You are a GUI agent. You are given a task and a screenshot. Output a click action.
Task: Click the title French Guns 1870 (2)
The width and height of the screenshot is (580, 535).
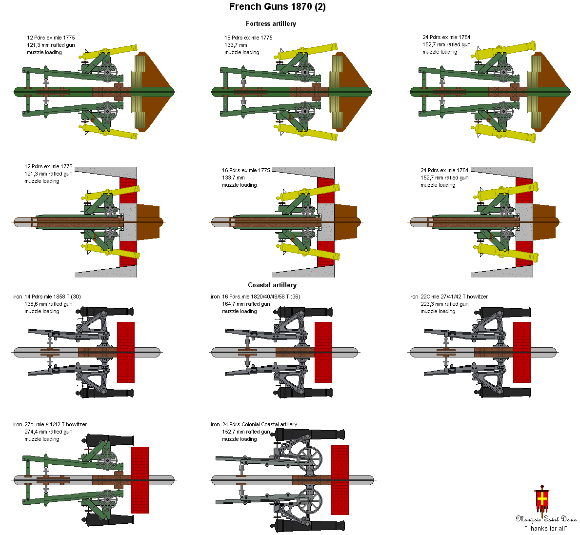[277, 7]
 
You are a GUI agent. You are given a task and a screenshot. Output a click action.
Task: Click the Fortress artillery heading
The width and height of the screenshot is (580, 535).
[271, 23]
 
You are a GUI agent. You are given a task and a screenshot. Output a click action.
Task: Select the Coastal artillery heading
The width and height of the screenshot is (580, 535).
[272, 285]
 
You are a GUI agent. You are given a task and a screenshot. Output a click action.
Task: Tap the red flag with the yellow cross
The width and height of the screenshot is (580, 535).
[541, 498]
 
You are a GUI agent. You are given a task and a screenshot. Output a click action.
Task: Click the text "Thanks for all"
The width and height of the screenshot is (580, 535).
[546, 528]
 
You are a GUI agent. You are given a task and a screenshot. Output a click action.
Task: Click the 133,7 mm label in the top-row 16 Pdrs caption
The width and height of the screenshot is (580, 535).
[236, 45]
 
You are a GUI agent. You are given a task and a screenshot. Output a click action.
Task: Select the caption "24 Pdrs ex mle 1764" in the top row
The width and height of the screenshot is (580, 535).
[446, 37]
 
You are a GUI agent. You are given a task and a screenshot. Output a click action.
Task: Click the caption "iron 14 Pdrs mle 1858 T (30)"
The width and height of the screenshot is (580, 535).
[47, 297]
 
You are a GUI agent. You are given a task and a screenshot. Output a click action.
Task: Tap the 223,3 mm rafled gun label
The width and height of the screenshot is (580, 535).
[444, 304]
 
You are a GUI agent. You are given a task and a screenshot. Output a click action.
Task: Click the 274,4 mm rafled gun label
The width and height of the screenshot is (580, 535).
[48, 432]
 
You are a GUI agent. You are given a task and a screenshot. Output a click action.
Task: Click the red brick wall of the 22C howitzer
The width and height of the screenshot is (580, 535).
[521, 352]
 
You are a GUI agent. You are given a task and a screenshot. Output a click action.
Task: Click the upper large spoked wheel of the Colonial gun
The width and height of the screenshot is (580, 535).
[309, 459]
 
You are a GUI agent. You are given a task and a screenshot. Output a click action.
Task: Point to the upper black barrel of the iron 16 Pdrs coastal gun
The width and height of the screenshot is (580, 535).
[307, 312]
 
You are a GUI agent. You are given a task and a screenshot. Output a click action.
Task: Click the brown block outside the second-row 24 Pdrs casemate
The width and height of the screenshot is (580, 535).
[543, 222]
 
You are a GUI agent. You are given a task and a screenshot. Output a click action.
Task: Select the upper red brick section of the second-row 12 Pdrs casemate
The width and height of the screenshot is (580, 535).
[128, 190]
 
